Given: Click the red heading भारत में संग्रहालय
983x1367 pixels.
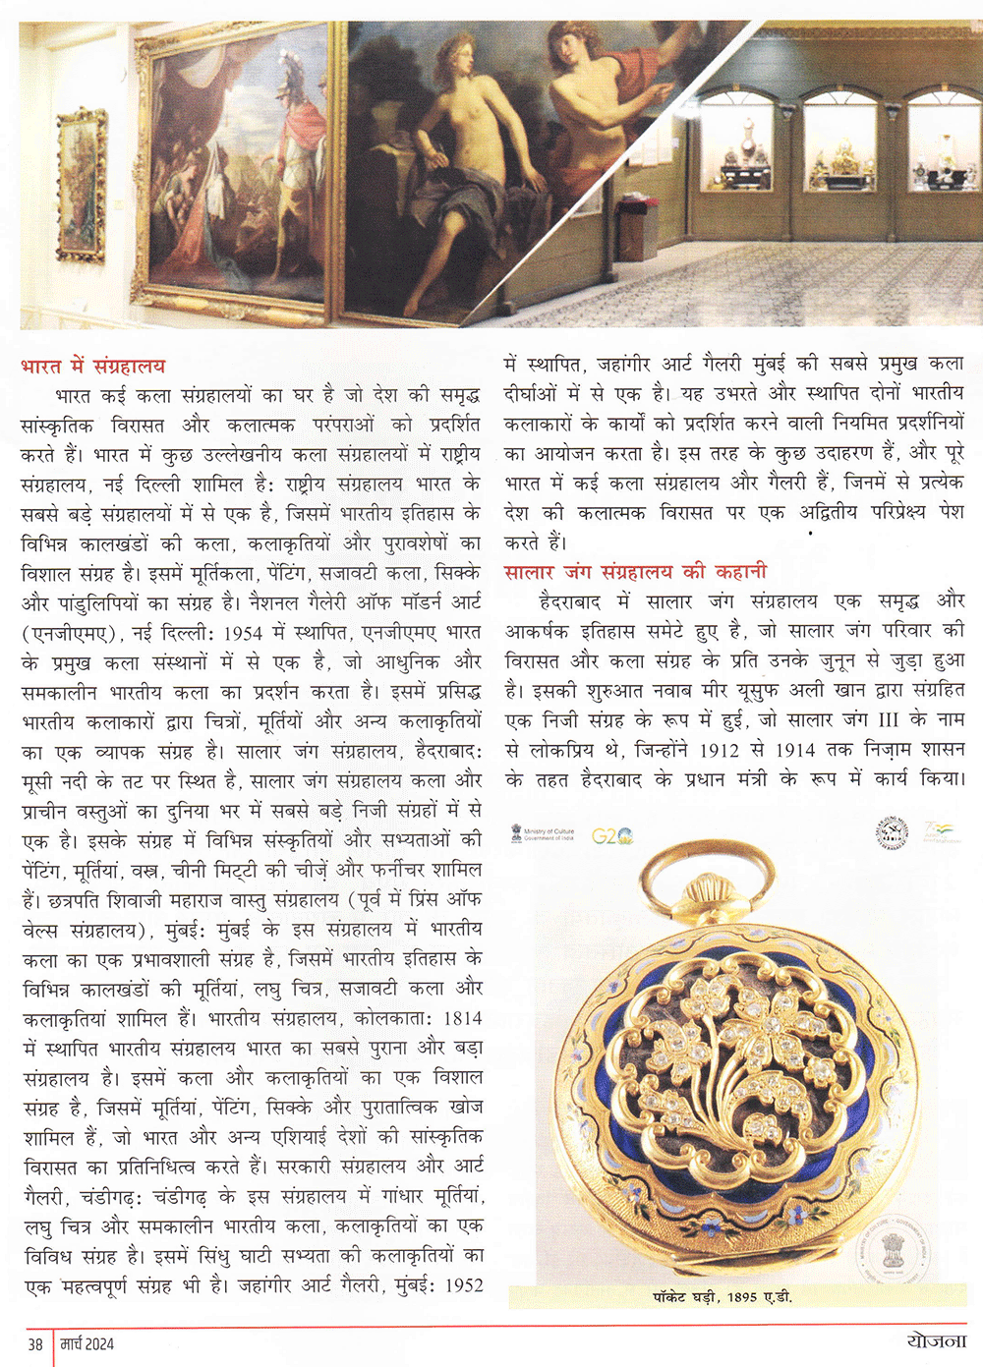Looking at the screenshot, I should (x=92, y=367).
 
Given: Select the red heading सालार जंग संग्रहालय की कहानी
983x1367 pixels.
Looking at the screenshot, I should (x=635, y=572).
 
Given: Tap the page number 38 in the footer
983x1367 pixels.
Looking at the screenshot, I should (x=35, y=1344).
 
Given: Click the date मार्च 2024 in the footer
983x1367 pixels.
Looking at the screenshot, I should (x=87, y=1344).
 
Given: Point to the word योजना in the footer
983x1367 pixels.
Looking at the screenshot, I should (x=936, y=1342).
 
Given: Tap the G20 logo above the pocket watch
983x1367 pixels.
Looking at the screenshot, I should (x=612, y=836).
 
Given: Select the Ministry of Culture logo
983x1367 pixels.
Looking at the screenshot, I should (x=543, y=834).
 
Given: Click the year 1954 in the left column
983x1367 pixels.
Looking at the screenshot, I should (x=244, y=632).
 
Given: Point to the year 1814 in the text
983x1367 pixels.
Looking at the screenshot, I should (x=462, y=1018).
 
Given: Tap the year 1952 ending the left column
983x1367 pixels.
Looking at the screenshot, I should (x=464, y=1284).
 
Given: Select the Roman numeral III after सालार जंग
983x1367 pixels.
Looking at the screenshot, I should (x=888, y=719).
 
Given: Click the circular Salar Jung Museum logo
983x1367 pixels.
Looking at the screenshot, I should (x=892, y=833).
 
